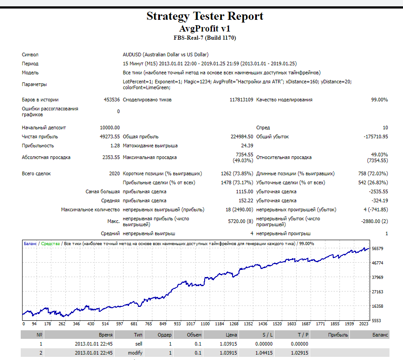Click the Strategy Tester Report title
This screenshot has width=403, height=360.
(x=205, y=16)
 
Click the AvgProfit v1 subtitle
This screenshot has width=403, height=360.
(x=205, y=28)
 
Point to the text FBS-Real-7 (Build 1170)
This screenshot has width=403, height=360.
(x=205, y=38)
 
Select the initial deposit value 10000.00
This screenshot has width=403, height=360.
(x=110, y=128)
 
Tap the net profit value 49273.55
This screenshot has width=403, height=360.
(x=110, y=137)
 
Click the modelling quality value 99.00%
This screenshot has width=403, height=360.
(x=379, y=100)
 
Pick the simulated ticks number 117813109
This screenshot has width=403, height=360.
(x=241, y=100)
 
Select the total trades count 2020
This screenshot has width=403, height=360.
(x=114, y=173)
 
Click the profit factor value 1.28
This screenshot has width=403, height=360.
(x=115, y=146)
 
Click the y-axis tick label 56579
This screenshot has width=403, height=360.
(x=377, y=248)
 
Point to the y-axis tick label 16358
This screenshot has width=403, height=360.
(x=377, y=306)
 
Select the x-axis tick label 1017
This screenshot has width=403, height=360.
(x=191, y=324)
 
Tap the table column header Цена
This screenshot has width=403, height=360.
(x=231, y=335)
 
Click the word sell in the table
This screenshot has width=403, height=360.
(x=138, y=344)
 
